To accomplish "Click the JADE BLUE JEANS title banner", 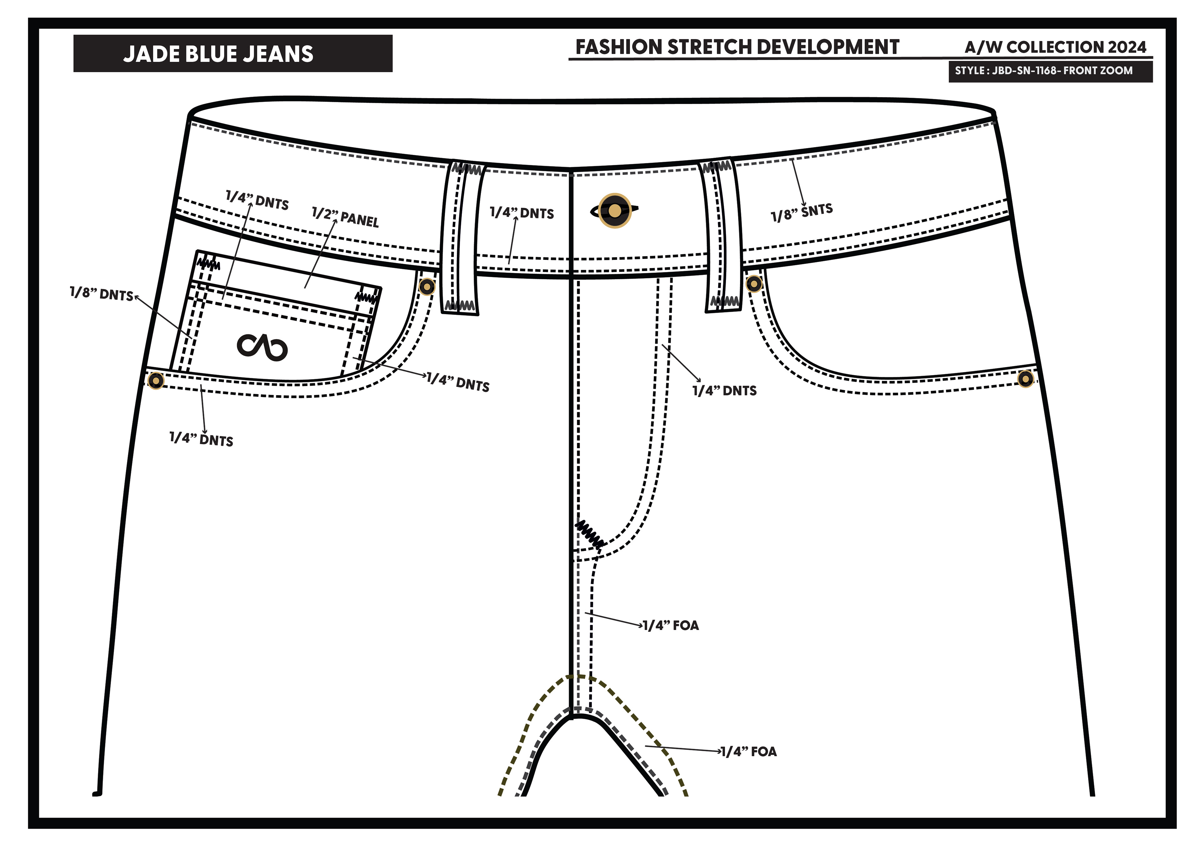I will [x=232, y=53].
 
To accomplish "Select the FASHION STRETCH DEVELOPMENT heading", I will [x=737, y=47].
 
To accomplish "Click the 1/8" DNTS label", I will [x=101, y=294].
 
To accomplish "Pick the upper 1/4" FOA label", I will [x=671, y=625].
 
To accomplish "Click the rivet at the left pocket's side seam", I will [x=155, y=380].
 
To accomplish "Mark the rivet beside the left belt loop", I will [x=427, y=286].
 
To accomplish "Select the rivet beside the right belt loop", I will [x=754, y=284].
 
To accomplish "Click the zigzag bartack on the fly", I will [x=589, y=534].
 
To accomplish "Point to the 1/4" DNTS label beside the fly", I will [x=724, y=391].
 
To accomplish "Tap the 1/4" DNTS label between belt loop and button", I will [x=522, y=213].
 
